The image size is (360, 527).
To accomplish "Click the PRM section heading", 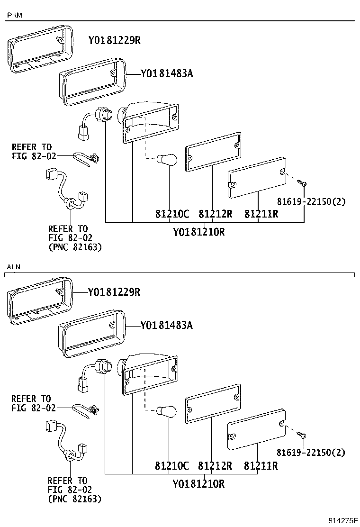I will pos(14,16).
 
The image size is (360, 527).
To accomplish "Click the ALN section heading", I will pos(14,267).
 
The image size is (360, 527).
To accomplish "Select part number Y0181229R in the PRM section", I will pos(114,41).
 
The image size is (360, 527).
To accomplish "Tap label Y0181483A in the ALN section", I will pos(167,325).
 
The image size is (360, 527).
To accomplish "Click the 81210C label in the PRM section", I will pos(172,214).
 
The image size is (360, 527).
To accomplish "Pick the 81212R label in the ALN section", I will pos(215,465).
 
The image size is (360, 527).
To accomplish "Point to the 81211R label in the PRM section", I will pos(261,214).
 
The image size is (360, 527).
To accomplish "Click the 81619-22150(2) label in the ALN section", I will pos(311,453).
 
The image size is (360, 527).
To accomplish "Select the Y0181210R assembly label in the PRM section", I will pos(198,232).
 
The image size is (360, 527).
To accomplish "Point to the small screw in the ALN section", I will pos(301,434).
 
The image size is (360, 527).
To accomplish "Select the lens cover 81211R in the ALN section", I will pos(256,428).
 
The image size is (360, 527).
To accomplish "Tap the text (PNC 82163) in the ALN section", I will pos(75,499).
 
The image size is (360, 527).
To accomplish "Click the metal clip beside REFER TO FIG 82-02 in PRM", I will pos(89,158).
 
